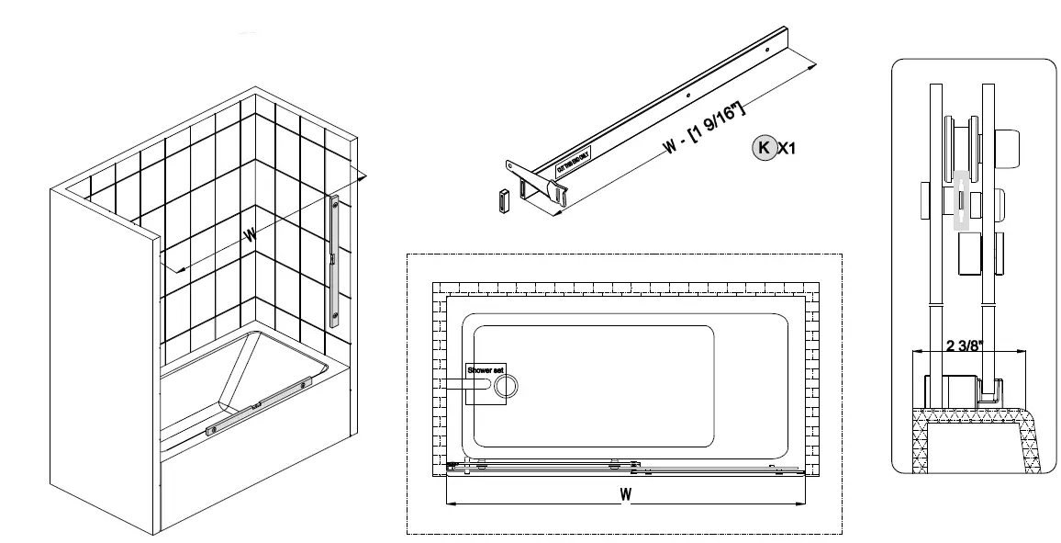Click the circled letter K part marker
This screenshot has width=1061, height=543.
coord(763,147)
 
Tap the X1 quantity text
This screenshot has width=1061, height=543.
coord(787,148)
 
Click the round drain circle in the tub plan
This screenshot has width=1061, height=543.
coord(506,387)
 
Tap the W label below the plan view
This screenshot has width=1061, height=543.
coord(625,494)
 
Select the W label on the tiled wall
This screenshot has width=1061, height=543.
coord(250,235)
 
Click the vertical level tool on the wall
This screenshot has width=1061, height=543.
coord(337,263)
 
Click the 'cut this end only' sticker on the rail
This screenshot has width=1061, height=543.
coord(575,164)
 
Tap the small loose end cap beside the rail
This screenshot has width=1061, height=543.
coord(502,200)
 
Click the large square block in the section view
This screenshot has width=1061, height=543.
coord(970,255)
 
